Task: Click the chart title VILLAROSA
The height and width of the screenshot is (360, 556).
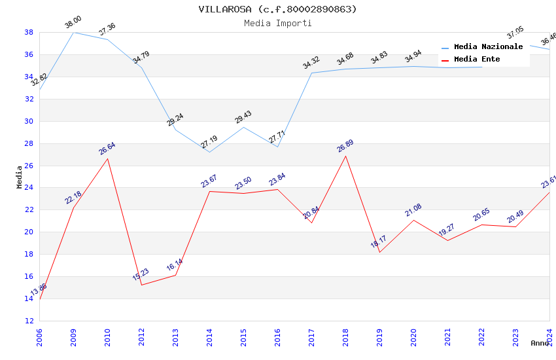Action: pos(277,9)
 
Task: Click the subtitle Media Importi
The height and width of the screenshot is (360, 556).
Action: pos(277,23)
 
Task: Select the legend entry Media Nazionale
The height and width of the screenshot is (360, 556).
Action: pos(488,46)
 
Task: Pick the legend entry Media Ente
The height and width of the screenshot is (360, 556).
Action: pos(477,59)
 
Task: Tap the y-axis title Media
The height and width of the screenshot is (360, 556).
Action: pos(19,177)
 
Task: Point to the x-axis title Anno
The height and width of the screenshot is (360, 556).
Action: pos(540,343)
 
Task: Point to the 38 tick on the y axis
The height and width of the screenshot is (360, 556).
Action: pos(29,32)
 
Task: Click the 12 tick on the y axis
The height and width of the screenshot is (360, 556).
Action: pos(29,321)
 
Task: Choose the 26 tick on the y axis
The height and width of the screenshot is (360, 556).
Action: pos(29,166)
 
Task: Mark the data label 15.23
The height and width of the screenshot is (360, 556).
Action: pos(141,274)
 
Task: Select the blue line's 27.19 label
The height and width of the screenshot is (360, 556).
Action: pos(209,142)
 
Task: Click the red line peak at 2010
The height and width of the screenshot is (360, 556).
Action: pos(107,158)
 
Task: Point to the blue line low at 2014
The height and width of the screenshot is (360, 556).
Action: pos(209,153)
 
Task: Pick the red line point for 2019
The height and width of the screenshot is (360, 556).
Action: pos(379,252)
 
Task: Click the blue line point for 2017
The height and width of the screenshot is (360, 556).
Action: pos(311,73)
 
